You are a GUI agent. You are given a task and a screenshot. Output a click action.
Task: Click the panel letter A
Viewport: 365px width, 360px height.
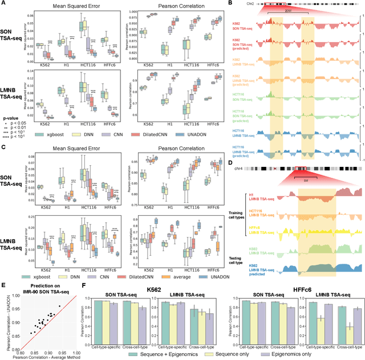tap(3, 3)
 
